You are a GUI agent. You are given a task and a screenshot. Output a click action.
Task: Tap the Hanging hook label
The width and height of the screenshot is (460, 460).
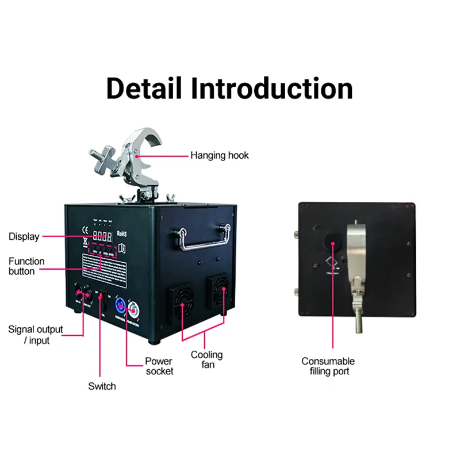pos(220,155)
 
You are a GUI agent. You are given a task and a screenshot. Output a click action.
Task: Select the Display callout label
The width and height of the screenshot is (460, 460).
pos(24,236)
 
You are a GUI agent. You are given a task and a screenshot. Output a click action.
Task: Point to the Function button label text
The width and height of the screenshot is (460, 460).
pos(26,266)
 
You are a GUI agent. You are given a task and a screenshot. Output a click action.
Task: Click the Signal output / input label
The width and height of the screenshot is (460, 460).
pos(36,335)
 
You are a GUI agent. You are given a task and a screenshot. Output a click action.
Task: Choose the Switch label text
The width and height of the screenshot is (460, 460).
pos(102,386)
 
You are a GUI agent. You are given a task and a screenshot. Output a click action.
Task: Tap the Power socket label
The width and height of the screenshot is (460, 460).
pos(159,366)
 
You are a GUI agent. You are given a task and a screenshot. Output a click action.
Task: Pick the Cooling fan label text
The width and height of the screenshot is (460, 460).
pos(206,360)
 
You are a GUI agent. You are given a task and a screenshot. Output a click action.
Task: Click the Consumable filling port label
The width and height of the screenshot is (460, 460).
pos(328,366)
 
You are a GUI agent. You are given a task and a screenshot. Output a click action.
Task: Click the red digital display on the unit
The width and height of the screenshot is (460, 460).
pos(102,235)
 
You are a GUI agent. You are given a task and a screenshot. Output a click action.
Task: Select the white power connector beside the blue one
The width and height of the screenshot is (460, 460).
pos(135,311)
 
